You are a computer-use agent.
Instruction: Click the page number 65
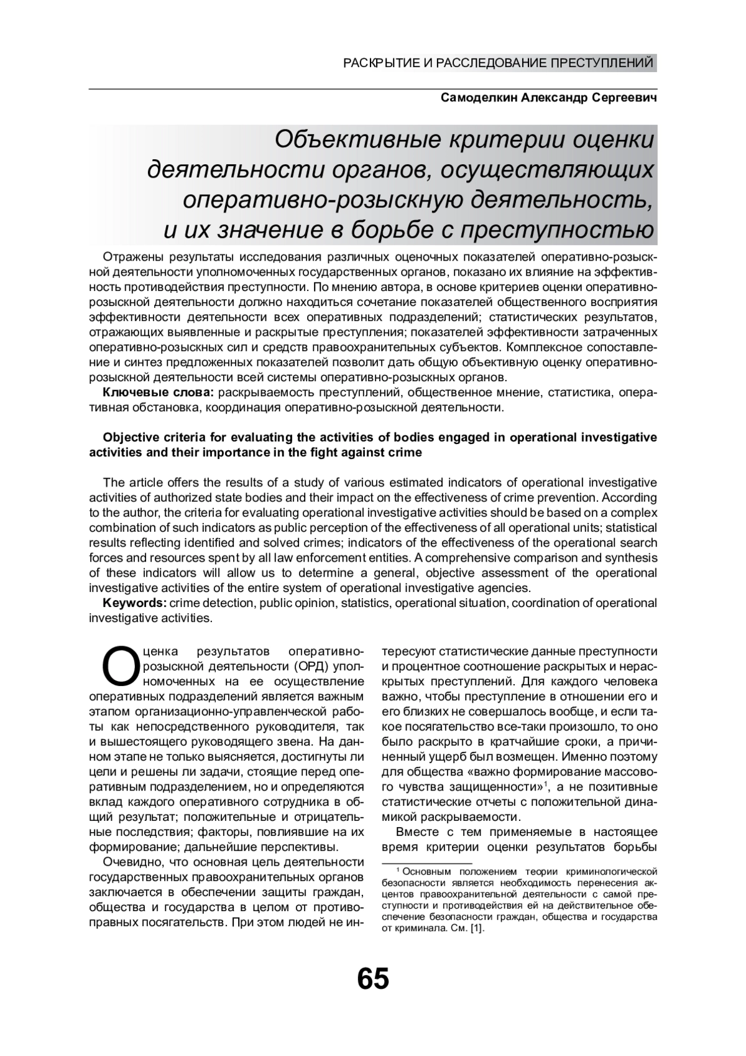[373, 979]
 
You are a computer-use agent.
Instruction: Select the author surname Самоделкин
[477, 98]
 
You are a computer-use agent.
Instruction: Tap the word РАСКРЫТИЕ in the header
[381, 63]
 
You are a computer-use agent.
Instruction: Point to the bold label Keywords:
[134, 603]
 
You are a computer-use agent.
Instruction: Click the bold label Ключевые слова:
[159, 392]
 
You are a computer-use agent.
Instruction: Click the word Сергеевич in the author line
[624, 98]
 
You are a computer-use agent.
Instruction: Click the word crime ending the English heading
[408, 452]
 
